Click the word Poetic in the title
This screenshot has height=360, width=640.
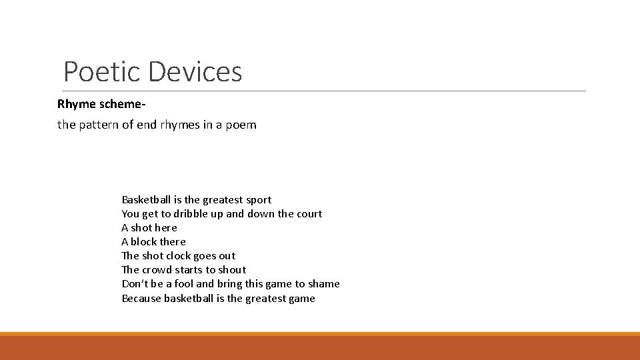(x=102, y=71)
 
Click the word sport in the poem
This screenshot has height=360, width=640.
(x=259, y=200)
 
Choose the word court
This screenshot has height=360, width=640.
(x=309, y=214)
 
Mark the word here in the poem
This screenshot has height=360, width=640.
(x=166, y=228)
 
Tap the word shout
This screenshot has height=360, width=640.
(x=232, y=270)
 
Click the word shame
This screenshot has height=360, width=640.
(x=324, y=284)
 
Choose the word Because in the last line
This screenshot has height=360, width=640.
(x=141, y=298)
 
